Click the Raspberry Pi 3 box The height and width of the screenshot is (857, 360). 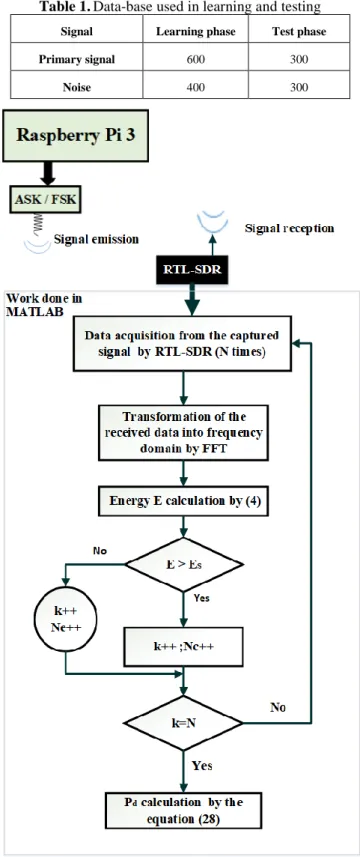pos(75,136)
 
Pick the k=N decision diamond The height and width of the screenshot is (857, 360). pos(184,724)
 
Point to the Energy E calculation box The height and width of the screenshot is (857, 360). pos(184,501)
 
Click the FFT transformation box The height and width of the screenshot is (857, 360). pos(184,432)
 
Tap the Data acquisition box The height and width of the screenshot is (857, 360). pos(183,343)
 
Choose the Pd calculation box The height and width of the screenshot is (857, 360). pos(184,812)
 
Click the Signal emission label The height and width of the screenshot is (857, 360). pos(96,239)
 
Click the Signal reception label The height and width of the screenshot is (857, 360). pos(290,228)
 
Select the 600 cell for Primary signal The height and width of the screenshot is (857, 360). pos(195,60)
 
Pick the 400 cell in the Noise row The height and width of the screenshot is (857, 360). pos(195,87)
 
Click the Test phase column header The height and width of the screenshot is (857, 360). pos(299,31)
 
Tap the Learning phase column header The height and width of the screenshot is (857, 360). pos(196,31)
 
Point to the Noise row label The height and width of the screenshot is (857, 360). pos(76,87)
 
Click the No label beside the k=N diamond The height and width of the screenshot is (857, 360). pos(278,708)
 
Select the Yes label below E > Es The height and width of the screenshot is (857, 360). pos(202,597)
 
